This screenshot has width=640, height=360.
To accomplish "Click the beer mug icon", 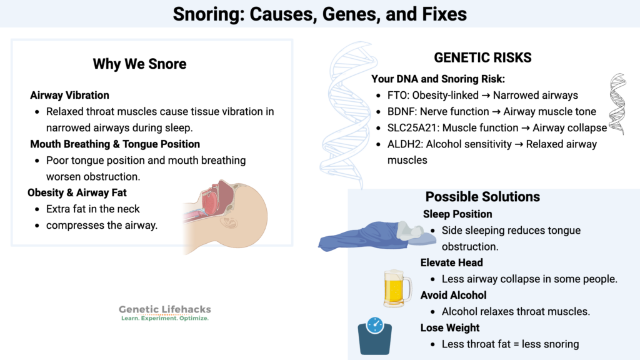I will pos(397,288).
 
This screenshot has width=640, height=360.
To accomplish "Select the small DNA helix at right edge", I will pos(617,104).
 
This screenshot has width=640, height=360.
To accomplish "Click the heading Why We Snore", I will pos(139,64).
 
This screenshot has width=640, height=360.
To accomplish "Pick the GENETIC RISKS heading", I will pos(482,58).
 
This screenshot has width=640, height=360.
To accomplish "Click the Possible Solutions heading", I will pos(482,197).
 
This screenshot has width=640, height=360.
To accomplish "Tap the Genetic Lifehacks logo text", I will pos(165,309).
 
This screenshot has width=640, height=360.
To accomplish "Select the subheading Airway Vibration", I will pos(69,96).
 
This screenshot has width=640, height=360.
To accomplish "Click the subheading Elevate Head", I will pos(452,262).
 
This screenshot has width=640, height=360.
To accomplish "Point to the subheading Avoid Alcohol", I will pos(453,295).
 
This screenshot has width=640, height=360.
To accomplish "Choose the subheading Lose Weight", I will pos(450,327).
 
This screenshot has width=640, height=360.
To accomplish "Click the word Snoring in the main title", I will pos(208,14).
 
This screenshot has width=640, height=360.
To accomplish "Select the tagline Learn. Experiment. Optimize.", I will pos(165,318).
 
